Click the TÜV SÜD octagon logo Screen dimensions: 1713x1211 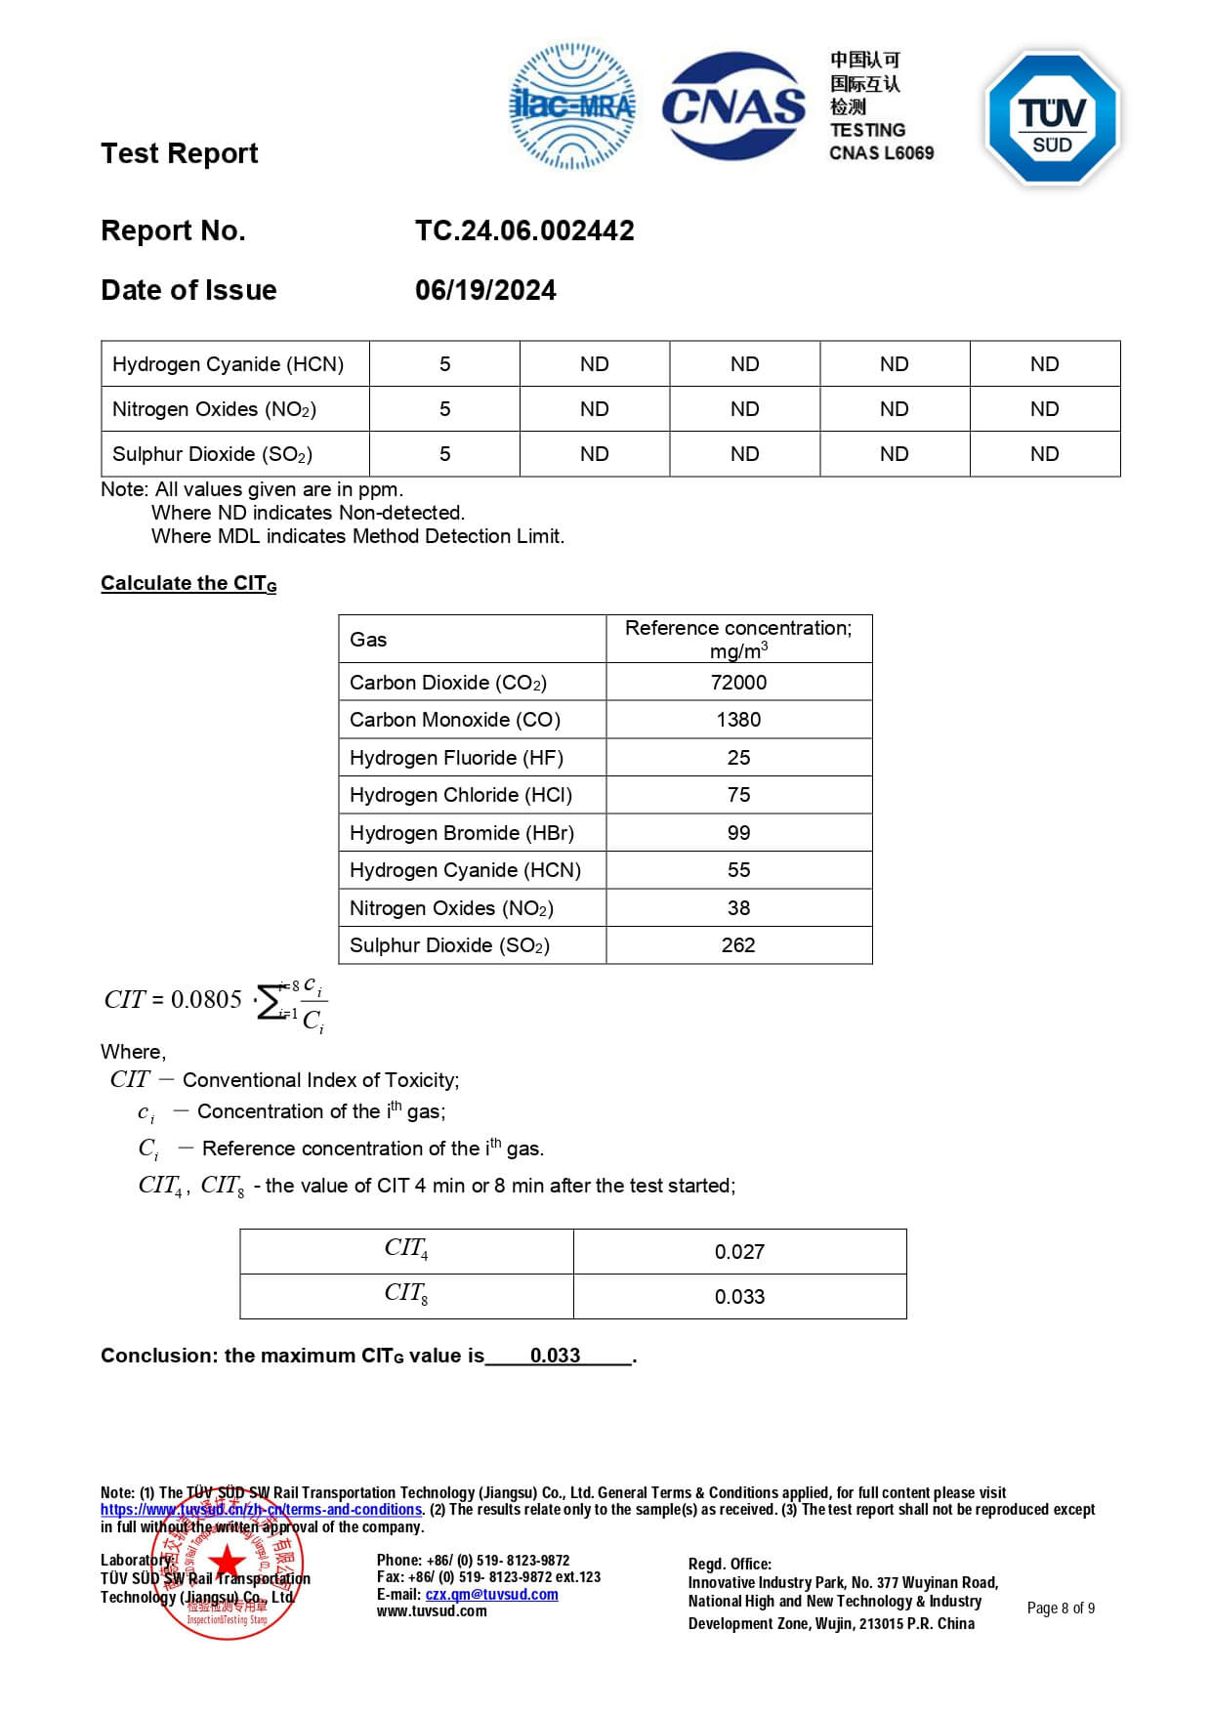tap(1052, 117)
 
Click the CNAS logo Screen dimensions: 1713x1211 tap(733, 105)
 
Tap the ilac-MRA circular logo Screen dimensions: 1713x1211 tap(572, 105)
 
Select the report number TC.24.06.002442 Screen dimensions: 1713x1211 tap(524, 230)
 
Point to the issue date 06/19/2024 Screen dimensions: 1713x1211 tap(485, 290)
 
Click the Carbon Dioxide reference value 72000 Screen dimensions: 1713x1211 tap(738, 683)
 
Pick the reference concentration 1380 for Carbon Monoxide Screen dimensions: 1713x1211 tap(738, 720)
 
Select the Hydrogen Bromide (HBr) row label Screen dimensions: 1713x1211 tap(462, 833)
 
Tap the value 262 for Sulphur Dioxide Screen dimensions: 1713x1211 tap(738, 945)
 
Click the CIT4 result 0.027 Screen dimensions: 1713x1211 tap(739, 1252)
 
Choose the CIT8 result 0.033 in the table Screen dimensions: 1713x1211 tap(739, 1297)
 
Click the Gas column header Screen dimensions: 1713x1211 tap(368, 640)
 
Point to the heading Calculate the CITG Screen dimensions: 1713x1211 tap(188, 583)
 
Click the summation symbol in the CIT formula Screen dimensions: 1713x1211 tap(270, 1001)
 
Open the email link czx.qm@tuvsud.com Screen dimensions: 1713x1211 tap(491, 1595)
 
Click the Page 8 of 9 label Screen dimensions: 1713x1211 tap(1061, 1609)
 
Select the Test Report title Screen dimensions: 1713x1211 tap(180, 153)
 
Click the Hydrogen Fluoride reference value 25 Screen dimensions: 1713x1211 tap(738, 758)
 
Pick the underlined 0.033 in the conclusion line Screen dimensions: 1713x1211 tap(555, 1356)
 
